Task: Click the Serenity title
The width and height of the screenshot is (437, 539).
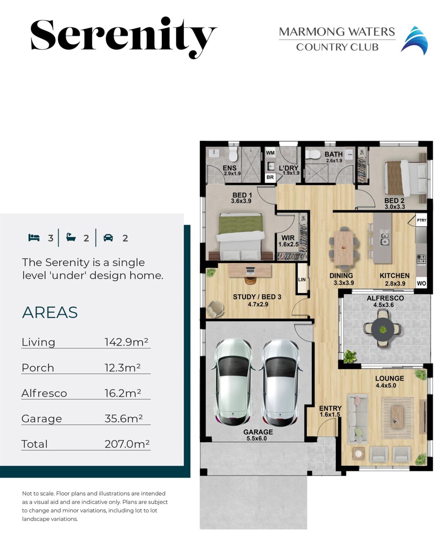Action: pos(123,37)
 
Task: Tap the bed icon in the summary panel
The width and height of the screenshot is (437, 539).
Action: pos(34,238)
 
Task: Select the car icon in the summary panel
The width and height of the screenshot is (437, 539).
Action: pos(108,238)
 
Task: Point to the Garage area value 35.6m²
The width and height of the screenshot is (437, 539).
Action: pos(123,418)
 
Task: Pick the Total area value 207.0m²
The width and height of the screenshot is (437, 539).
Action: pos(127,444)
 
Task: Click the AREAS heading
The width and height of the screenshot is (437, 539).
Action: pos(50,312)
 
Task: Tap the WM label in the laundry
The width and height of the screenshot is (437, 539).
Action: pos(270,153)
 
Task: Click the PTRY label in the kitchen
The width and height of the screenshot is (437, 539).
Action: pos(422,220)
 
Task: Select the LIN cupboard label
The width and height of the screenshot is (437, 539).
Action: pos(302,280)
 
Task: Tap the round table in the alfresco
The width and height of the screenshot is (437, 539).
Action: pos(383,330)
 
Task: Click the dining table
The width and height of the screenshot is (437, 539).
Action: pos(343,247)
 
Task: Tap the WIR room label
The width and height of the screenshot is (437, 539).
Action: pos(288,238)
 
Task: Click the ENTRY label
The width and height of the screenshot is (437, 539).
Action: pos(330,408)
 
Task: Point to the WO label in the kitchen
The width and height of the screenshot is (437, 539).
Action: pos(421,283)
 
